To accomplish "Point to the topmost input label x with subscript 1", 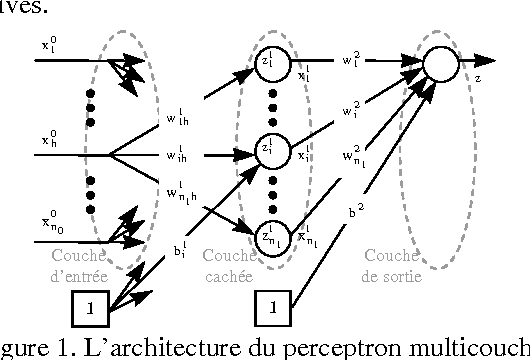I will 50,46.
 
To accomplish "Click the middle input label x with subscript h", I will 50,141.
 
